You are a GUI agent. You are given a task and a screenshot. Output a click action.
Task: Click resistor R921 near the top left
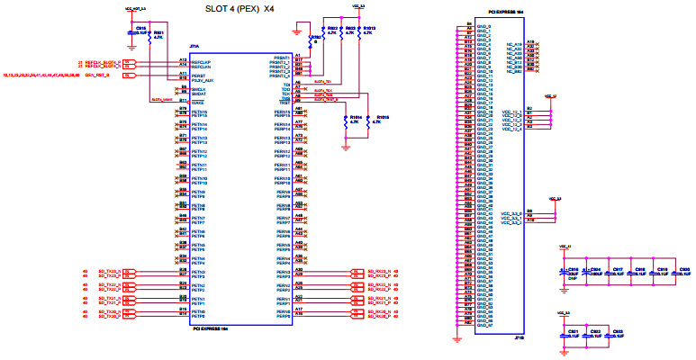[x=158, y=34]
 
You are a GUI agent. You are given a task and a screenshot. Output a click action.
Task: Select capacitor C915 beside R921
[x=141, y=30]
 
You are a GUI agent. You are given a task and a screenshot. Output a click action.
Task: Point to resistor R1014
[x=354, y=118]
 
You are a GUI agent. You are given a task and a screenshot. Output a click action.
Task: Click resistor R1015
[x=382, y=118]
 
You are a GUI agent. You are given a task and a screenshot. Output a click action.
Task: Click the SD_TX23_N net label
[x=108, y=271]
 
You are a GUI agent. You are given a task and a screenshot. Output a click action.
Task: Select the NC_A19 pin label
[x=513, y=43]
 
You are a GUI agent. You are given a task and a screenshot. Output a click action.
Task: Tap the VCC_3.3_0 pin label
[x=510, y=213]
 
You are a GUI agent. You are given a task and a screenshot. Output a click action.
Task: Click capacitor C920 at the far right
[x=684, y=271]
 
